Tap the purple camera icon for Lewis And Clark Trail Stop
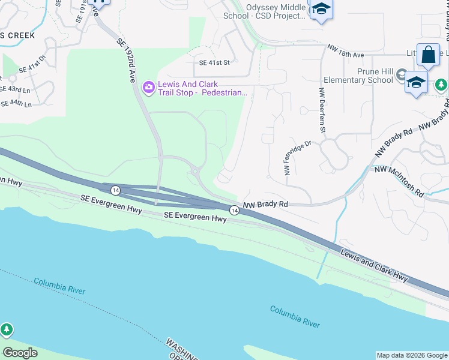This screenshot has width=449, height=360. coord(148,88)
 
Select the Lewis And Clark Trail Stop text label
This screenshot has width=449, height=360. coord(202,88)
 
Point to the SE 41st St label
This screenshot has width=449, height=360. coord(214,62)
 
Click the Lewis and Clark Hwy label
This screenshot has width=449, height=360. coord(373,265)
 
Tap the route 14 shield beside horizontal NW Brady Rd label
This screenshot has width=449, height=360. coord(233,209)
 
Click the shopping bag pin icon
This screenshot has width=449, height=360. coord(428,55)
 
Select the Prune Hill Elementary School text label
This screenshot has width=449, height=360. coord(358,76)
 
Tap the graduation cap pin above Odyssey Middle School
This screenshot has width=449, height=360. coord(321,10)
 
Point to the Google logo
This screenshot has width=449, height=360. coord(20,352)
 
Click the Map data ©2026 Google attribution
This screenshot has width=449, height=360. coord(412,355)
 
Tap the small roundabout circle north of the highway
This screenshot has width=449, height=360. coord(196,173)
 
